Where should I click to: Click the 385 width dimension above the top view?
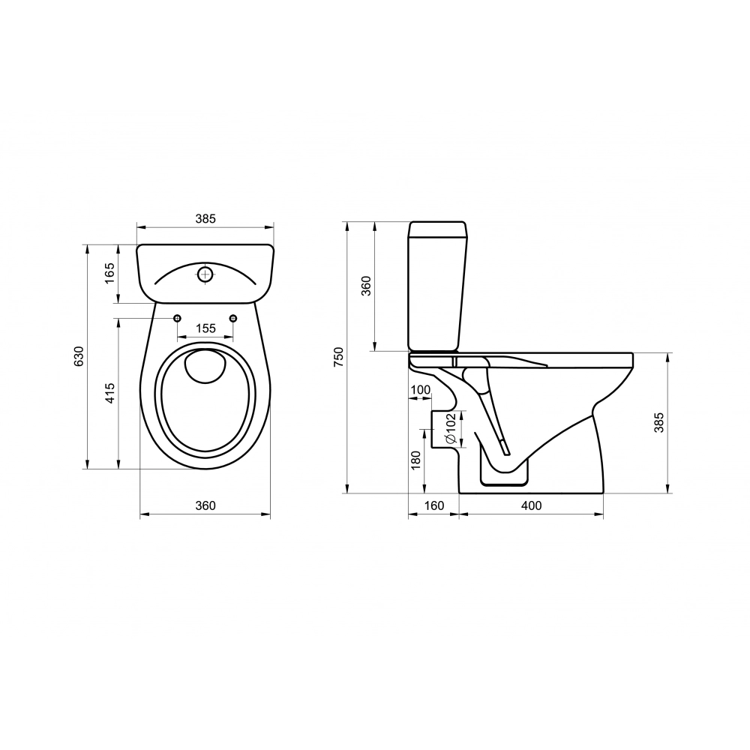tap(205, 218)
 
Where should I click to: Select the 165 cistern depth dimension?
tap(110, 273)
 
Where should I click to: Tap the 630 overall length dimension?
tap(79, 356)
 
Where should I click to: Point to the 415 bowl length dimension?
tap(110, 393)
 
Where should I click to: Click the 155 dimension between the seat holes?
tap(205, 328)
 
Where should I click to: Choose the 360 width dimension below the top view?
tap(205, 505)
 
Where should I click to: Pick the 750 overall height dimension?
tap(339, 357)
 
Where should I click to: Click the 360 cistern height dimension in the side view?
tap(366, 286)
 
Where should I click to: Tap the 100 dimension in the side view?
tap(421, 390)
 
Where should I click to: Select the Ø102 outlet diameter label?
tap(450, 429)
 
